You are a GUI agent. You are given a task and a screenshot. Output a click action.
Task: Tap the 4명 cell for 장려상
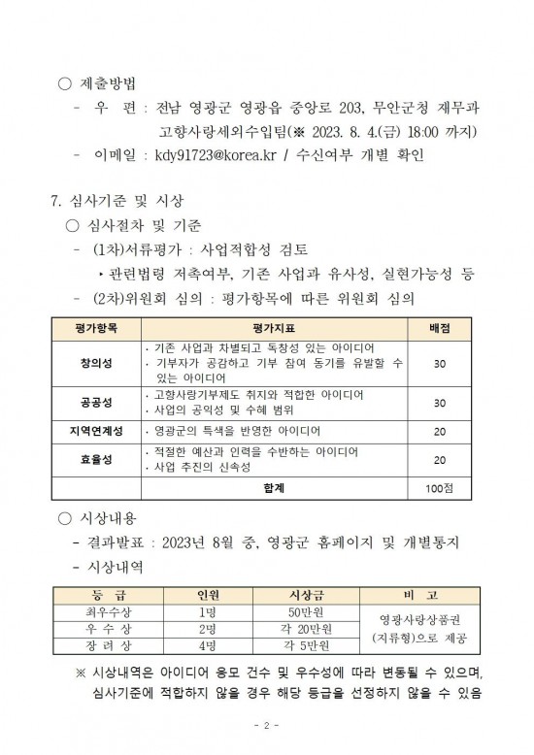tap(207, 645)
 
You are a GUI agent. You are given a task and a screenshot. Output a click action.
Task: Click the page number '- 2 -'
tap(266, 725)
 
